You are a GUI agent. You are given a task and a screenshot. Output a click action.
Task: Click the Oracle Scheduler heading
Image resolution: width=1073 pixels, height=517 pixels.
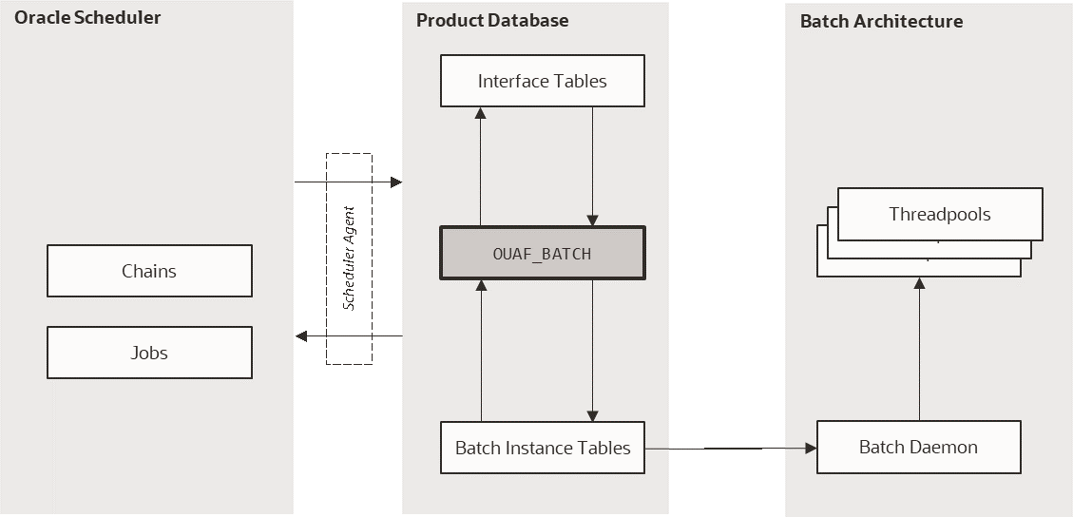pyautogui.click(x=87, y=18)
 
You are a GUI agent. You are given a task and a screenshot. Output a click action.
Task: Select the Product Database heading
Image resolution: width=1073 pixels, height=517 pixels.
pyautogui.click(x=492, y=20)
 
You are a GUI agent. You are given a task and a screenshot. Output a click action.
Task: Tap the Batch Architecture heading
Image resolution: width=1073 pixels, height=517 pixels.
pyautogui.click(x=881, y=21)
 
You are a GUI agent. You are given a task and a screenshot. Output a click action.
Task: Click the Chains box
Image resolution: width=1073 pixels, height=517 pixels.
pyautogui.click(x=149, y=271)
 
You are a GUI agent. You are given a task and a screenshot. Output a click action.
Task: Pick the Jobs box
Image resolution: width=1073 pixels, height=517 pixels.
pyautogui.click(x=149, y=353)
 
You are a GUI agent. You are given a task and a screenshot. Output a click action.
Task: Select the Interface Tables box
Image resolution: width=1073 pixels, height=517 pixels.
pyautogui.click(x=542, y=81)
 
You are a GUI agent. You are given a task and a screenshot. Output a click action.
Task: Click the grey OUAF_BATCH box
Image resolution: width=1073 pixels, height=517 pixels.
pyautogui.click(x=542, y=253)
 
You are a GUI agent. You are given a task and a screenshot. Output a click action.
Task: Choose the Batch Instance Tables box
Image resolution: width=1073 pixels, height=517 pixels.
pyautogui.click(x=542, y=448)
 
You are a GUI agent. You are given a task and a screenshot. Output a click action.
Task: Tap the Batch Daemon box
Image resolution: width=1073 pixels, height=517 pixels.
pyautogui.click(x=918, y=447)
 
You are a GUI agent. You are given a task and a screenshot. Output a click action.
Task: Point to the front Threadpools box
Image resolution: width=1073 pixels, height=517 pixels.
pyautogui.click(x=939, y=214)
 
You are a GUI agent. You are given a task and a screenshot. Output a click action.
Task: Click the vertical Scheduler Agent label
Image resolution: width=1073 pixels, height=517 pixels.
pyautogui.click(x=349, y=258)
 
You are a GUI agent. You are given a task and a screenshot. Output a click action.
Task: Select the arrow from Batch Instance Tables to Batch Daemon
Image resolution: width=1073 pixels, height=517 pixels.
pyautogui.click(x=730, y=448)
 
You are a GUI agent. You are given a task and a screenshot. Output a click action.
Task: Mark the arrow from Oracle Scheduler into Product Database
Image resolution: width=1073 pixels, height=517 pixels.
pyautogui.click(x=348, y=182)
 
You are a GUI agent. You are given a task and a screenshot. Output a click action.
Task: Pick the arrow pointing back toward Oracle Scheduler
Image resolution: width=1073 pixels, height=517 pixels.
pyautogui.click(x=348, y=336)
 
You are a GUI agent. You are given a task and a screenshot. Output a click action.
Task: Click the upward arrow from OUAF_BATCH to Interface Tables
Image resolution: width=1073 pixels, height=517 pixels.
pyautogui.click(x=481, y=166)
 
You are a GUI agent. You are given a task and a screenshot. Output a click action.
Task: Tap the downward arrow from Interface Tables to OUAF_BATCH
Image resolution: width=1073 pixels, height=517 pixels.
pyautogui.click(x=593, y=166)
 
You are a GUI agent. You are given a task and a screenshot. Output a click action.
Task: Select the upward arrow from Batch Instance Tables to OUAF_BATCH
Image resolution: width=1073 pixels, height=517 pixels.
pyautogui.click(x=482, y=351)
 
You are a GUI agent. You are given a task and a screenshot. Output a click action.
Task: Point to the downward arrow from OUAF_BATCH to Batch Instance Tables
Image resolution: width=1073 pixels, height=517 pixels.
pyautogui.click(x=593, y=351)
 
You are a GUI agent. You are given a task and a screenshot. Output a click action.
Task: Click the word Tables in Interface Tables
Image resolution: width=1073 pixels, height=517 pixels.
pyautogui.click(x=582, y=81)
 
